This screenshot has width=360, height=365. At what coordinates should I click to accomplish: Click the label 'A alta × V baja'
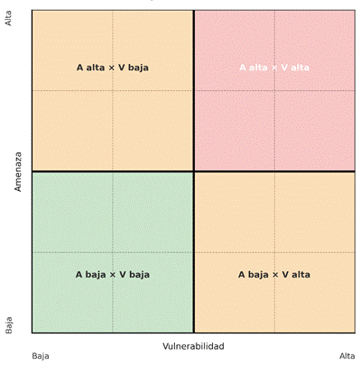coord(112,67)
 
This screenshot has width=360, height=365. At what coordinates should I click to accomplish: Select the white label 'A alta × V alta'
coord(274,67)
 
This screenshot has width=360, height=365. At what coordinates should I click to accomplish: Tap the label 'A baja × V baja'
coord(112,274)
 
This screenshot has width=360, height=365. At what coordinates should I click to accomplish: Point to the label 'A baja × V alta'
coord(274,274)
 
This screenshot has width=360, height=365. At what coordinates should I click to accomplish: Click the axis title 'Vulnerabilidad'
coord(193,347)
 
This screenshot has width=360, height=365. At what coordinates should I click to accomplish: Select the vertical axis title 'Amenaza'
coord(17,171)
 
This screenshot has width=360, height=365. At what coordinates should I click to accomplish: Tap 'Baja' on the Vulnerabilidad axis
coord(41,356)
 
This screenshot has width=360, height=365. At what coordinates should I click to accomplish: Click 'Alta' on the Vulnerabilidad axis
coord(347,356)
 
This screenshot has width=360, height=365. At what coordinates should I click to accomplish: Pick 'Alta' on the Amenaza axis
coord(10,18)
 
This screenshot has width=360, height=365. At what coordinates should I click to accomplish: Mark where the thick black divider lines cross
coord(194,171)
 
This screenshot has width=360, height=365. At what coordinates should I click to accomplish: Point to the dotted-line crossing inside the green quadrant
coord(113,252)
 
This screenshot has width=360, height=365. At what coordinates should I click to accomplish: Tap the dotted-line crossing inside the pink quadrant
coord(275,90)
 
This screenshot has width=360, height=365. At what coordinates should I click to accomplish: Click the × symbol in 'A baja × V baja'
coord(113,274)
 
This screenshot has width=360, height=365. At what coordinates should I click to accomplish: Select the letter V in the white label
coord(284,67)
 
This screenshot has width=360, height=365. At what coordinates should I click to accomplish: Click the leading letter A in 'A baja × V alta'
coord(242,274)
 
